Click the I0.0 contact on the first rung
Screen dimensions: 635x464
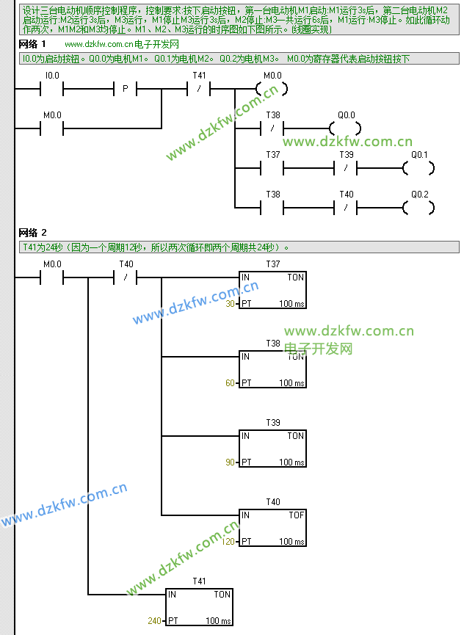(52, 89)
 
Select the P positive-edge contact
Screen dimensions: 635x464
(126, 89)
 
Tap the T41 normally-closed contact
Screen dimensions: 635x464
(199, 89)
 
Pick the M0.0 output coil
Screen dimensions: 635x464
(272, 89)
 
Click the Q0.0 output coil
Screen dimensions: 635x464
(345, 128)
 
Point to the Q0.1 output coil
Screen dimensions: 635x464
(418, 168)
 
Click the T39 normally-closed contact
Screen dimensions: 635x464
(346, 168)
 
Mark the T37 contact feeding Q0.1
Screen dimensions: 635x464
(272, 168)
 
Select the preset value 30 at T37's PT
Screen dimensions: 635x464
(230, 303)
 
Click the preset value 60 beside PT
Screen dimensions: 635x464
(230, 382)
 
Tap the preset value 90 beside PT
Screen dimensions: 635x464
(230, 462)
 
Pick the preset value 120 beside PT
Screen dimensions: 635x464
(228, 542)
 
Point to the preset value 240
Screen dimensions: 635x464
(154, 621)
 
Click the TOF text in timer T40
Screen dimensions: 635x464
(296, 515)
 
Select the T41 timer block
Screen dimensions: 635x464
(199, 607)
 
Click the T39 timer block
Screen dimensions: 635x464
(272, 449)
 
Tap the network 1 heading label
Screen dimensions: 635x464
(32, 45)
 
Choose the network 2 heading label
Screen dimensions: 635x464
(32, 233)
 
